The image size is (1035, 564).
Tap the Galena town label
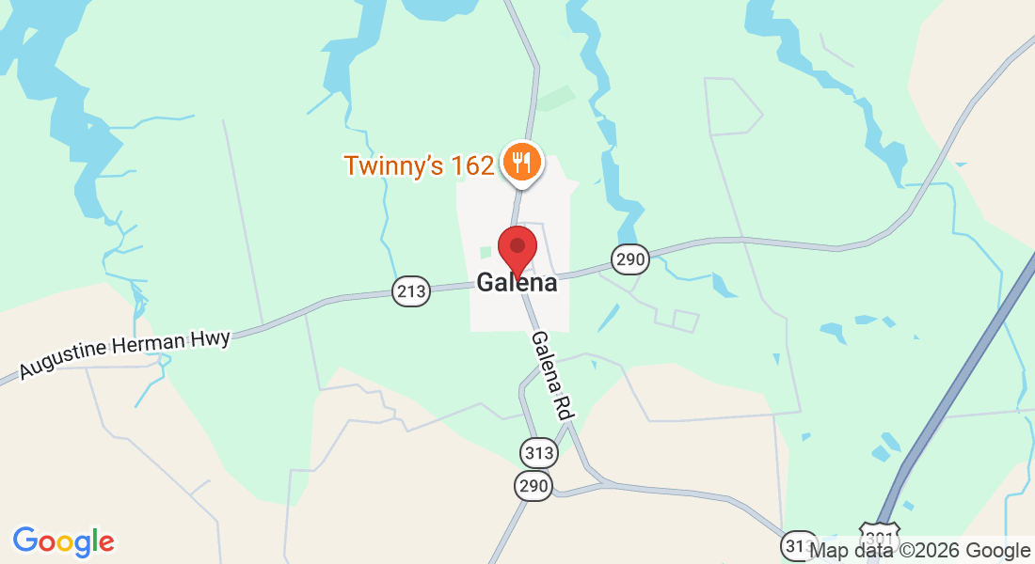[517, 282]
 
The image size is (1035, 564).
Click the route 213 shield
[411, 291]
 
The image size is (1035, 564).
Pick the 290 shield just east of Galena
[629, 259]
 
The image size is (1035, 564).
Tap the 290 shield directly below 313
[533, 486]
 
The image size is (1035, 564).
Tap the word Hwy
[211, 337]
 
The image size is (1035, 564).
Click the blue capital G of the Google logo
[25, 540]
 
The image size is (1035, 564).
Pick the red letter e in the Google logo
[106, 543]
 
